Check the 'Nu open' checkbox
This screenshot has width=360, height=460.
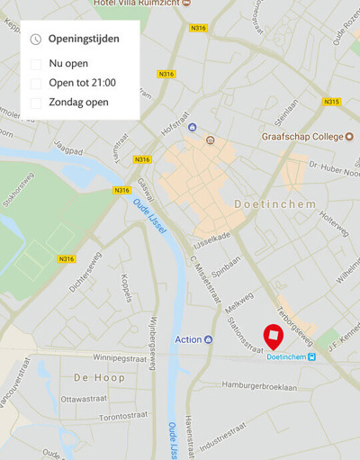pos(36,64)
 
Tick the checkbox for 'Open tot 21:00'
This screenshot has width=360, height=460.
pos(36,83)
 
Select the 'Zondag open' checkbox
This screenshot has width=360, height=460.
pos(36,103)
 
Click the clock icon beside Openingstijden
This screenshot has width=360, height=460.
pos(35,40)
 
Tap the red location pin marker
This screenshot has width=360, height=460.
pos(273,336)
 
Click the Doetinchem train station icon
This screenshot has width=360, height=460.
pos(312,356)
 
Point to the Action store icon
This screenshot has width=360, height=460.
pos(208,339)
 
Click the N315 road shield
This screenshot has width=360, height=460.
pos(331,102)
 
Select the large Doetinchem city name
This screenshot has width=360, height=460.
pos(274,204)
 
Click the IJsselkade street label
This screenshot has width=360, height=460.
pos(212,238)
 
